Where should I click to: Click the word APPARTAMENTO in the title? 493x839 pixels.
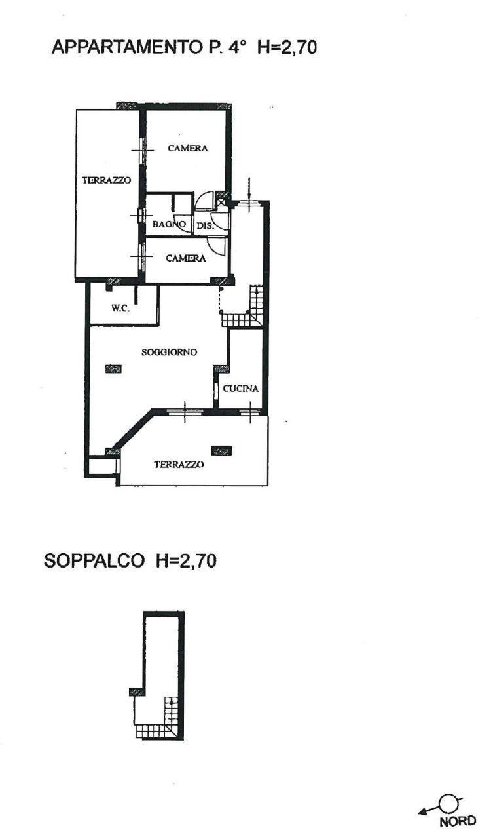click(x=124, y=47)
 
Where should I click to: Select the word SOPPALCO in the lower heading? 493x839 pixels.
click(x=94, y=561)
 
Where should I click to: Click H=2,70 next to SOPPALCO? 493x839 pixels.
click(x=186, y=561)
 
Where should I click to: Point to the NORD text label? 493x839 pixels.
click(x=458, y=822)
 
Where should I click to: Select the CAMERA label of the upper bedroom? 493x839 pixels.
click(x=187, y=148)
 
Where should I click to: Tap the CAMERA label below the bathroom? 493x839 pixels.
click(x=185, y=258)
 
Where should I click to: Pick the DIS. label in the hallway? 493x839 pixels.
click(x=205, y=225)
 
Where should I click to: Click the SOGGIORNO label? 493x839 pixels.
click(x=170, y=352)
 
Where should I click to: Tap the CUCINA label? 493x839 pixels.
click(x=240, y=388)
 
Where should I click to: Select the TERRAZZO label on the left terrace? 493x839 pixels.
click(x=107, y=180)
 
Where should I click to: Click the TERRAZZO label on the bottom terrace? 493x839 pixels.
click(x=179, y=464)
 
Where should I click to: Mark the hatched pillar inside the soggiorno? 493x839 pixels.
click(x=113, y=368)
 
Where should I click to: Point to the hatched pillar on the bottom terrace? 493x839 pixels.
click(x=221, y=450)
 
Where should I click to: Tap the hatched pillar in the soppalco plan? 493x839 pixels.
click(x=137, y=691)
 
